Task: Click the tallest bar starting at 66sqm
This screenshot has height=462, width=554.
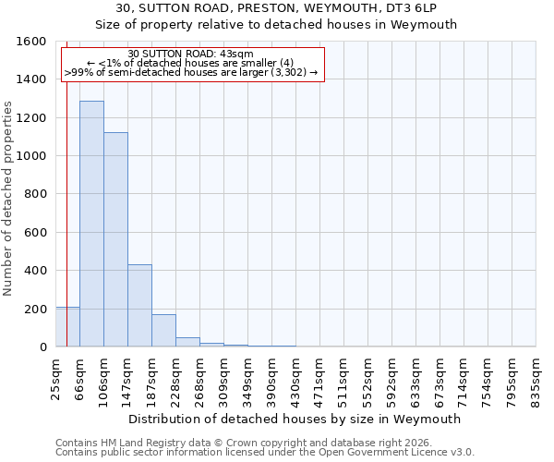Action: (x=91, y=224)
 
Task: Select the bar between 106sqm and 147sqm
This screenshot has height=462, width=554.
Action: (x=115, y=239)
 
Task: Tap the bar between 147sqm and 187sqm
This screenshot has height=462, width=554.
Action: (x=139, y=305)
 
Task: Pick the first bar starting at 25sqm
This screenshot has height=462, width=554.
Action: (x=67, y=327)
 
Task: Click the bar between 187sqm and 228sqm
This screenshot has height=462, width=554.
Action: (x=163, y=330)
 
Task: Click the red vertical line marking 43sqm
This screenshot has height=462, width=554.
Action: (x=66, y=185)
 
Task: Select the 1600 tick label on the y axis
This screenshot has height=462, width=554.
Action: (x=30, y=42)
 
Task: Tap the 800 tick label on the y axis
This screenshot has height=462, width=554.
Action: (x=34, y=194)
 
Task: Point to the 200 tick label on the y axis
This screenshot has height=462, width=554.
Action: (x=34, y=309)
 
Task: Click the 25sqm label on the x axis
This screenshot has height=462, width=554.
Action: (x=55, y=377)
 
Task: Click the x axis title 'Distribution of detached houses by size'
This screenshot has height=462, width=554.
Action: (x=295, y=419)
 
